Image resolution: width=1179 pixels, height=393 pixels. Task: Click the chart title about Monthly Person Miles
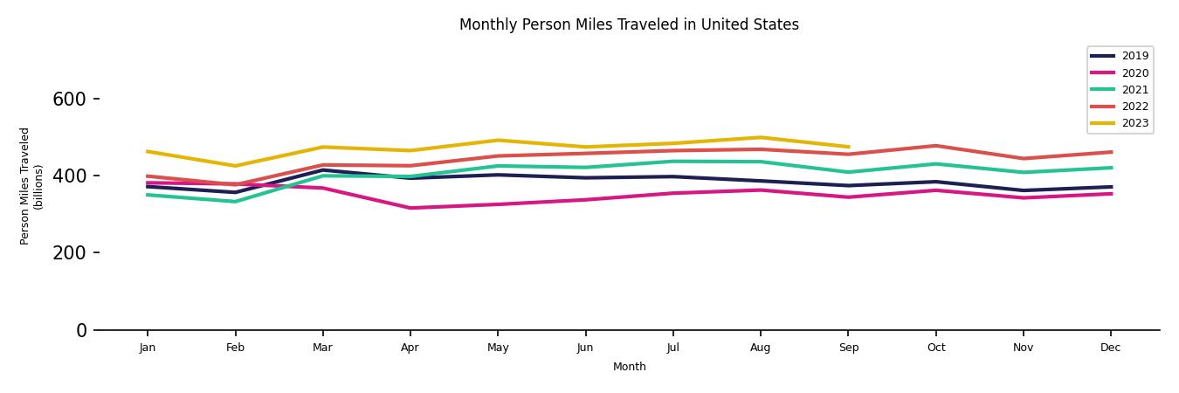point(629,24)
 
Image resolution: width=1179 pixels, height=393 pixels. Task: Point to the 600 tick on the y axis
point(69,100)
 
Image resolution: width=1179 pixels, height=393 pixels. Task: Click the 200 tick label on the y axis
point(69,253)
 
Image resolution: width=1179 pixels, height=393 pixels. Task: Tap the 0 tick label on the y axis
point(81,330)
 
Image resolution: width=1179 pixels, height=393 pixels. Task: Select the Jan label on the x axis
point(147,348)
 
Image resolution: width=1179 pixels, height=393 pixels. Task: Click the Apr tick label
point(410,348)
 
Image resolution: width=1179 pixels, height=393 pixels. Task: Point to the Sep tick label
point(848,348)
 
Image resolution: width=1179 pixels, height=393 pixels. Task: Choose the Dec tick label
point(1110,348)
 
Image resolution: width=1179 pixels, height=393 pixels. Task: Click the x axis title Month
point(629,367)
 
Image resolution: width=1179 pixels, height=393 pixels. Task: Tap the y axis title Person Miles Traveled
point(31,186)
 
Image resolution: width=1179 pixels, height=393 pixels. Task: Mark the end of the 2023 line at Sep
point(848,147)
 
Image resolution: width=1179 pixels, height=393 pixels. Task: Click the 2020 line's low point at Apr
point(410,208)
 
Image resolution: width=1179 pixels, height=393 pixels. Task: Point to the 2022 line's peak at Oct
point(935,146)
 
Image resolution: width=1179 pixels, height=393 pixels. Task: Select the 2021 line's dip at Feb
point(235,202)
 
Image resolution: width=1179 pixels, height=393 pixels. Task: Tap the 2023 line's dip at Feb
point(235,166)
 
